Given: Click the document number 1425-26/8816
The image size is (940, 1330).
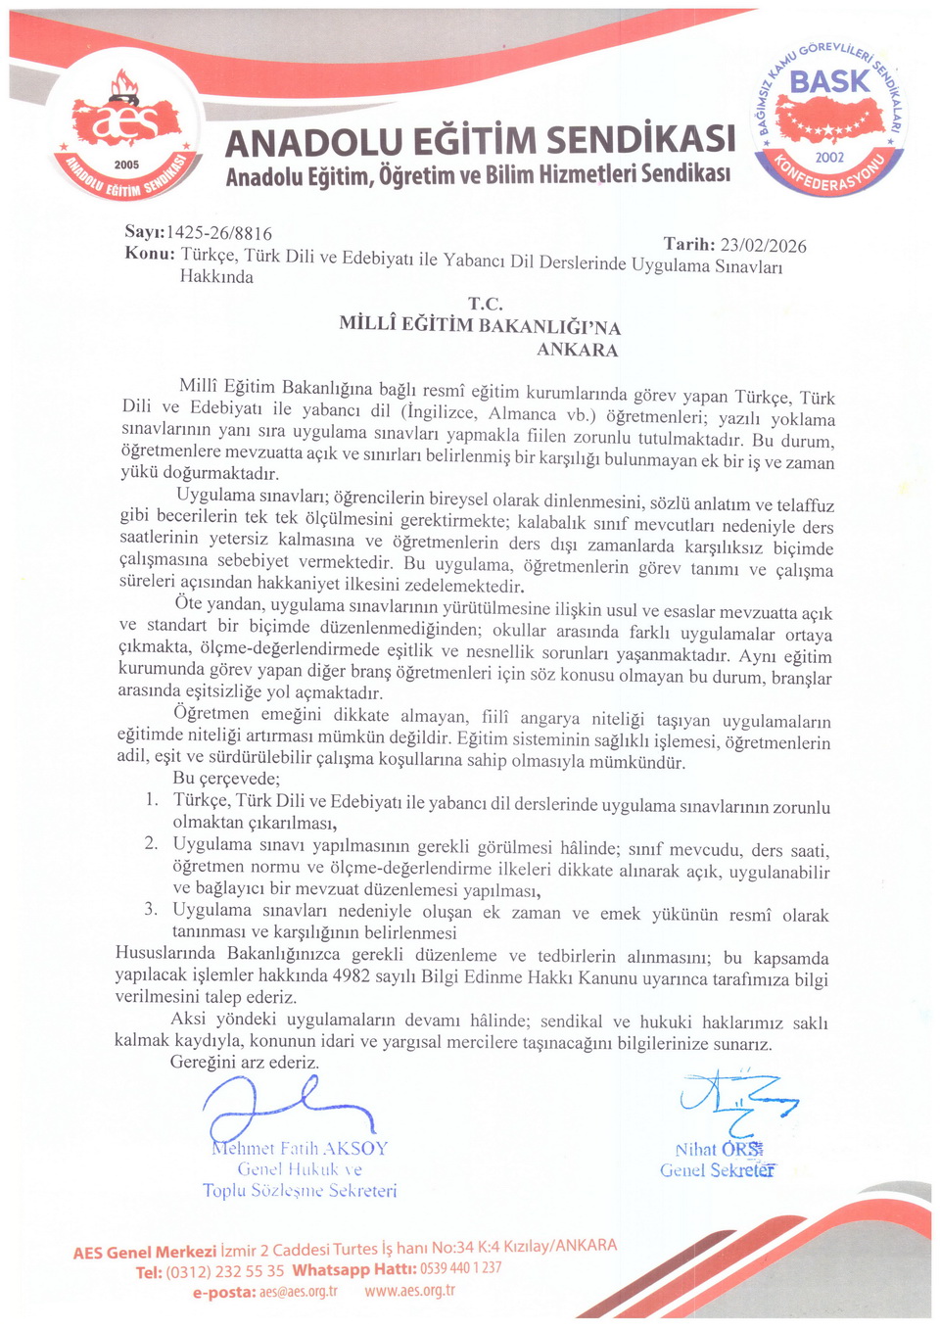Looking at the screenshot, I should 219,233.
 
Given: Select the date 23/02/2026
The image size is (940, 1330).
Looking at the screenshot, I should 763,245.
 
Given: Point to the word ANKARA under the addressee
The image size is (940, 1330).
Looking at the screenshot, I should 577,350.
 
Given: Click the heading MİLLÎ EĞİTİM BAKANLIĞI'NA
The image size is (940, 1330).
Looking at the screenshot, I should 480,325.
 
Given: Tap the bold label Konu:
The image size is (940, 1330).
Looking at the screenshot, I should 150,254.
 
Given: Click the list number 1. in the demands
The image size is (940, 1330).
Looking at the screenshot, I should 152,799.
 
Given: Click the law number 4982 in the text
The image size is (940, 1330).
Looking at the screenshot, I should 352,975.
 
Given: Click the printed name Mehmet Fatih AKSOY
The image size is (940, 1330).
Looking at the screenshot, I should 301,1148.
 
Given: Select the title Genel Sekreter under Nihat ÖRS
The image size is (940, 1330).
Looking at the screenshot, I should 717,1170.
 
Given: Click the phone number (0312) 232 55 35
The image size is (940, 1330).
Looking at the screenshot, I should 225,1271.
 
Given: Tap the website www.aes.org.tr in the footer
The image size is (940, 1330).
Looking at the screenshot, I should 409,1291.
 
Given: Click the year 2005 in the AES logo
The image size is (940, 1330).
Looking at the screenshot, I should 126,165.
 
